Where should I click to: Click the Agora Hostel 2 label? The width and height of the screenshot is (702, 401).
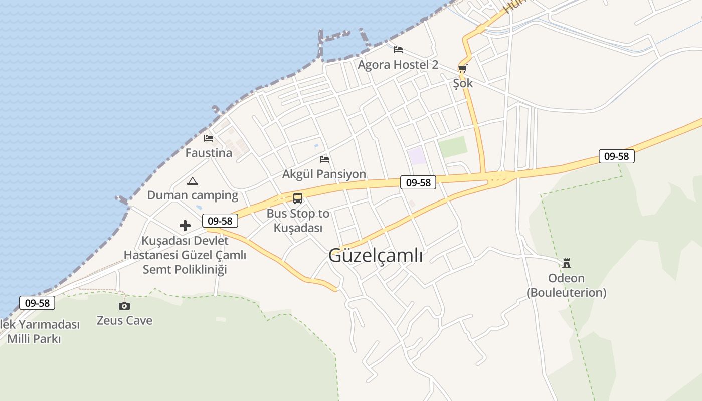[x=398, y=65]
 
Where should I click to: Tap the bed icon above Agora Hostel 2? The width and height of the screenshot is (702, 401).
[x=398, y=49]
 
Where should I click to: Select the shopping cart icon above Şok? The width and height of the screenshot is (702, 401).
[x=462, y=68]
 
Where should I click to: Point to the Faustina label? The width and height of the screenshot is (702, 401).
[x=209, y=153]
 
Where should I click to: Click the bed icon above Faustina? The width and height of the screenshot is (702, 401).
[x=209, y=138]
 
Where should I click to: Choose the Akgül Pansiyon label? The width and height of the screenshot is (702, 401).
[x=324, y=174]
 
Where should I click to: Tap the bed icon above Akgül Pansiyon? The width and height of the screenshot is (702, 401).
[x=324, y=159]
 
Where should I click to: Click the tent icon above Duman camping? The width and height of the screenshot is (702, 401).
[x=192, y=181]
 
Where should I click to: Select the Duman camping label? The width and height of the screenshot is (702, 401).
[x=193, y=195]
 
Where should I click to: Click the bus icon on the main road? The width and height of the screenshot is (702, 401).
[x=298, y=198]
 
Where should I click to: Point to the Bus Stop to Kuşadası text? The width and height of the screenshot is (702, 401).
[x=298, y=221]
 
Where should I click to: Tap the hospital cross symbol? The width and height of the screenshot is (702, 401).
[x=185, y=226]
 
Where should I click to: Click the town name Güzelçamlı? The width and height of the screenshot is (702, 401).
[x=376, y=256]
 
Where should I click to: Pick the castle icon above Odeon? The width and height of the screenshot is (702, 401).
[x=567, y=263]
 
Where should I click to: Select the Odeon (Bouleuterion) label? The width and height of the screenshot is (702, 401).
[x=566, y=285]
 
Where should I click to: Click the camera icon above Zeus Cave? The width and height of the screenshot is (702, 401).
[x=124, y=306]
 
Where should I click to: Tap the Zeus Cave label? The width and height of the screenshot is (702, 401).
[x=124, y=321]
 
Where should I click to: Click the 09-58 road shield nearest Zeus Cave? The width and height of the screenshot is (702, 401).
[x=37, y=303]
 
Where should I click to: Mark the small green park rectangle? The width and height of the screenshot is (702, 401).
[x=452, y=147]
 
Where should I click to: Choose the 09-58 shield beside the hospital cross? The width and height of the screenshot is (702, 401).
[x=220, y=221]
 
